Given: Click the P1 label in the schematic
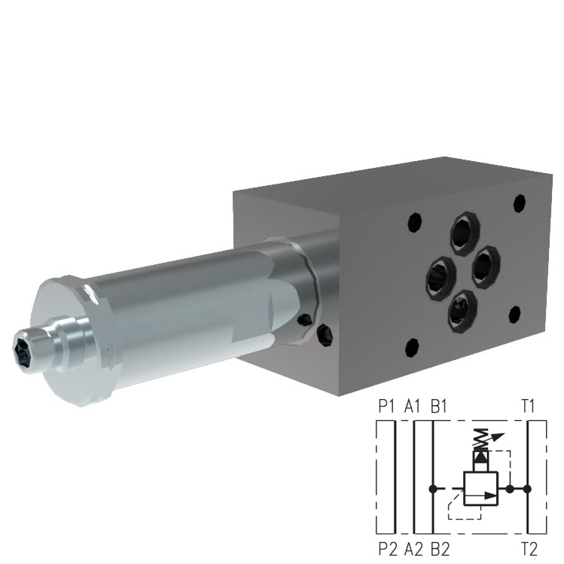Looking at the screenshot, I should click(x=386, y=407).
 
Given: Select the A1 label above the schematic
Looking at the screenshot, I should click(x=412, y=407).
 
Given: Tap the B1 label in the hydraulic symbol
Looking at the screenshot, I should click(x=439, y=407).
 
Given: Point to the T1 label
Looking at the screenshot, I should click(x=528, y=407).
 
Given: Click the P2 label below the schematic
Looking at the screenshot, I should click(x=386, y=548).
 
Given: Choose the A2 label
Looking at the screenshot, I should click(x=413, y=548).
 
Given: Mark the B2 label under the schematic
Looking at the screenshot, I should click(x=441, y=548).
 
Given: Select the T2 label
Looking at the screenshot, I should click(x=529, y=548).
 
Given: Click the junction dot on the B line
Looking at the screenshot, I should click(x=431, y=489).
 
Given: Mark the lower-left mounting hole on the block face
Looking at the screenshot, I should click(x=411, y=347).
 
